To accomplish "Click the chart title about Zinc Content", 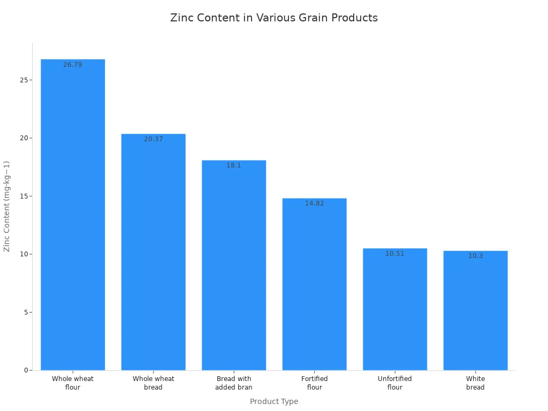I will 274,18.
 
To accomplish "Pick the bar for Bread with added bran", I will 234,268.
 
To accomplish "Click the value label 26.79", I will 73,65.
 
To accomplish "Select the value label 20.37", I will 154,139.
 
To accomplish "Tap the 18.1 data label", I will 234,165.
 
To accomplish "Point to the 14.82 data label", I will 315,203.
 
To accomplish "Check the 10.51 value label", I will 395,254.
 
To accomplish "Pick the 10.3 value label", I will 475,256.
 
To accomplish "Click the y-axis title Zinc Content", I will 7,206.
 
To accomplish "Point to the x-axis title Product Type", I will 274,401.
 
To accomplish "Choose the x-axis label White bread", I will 475,383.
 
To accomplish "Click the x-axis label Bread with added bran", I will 234,383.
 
